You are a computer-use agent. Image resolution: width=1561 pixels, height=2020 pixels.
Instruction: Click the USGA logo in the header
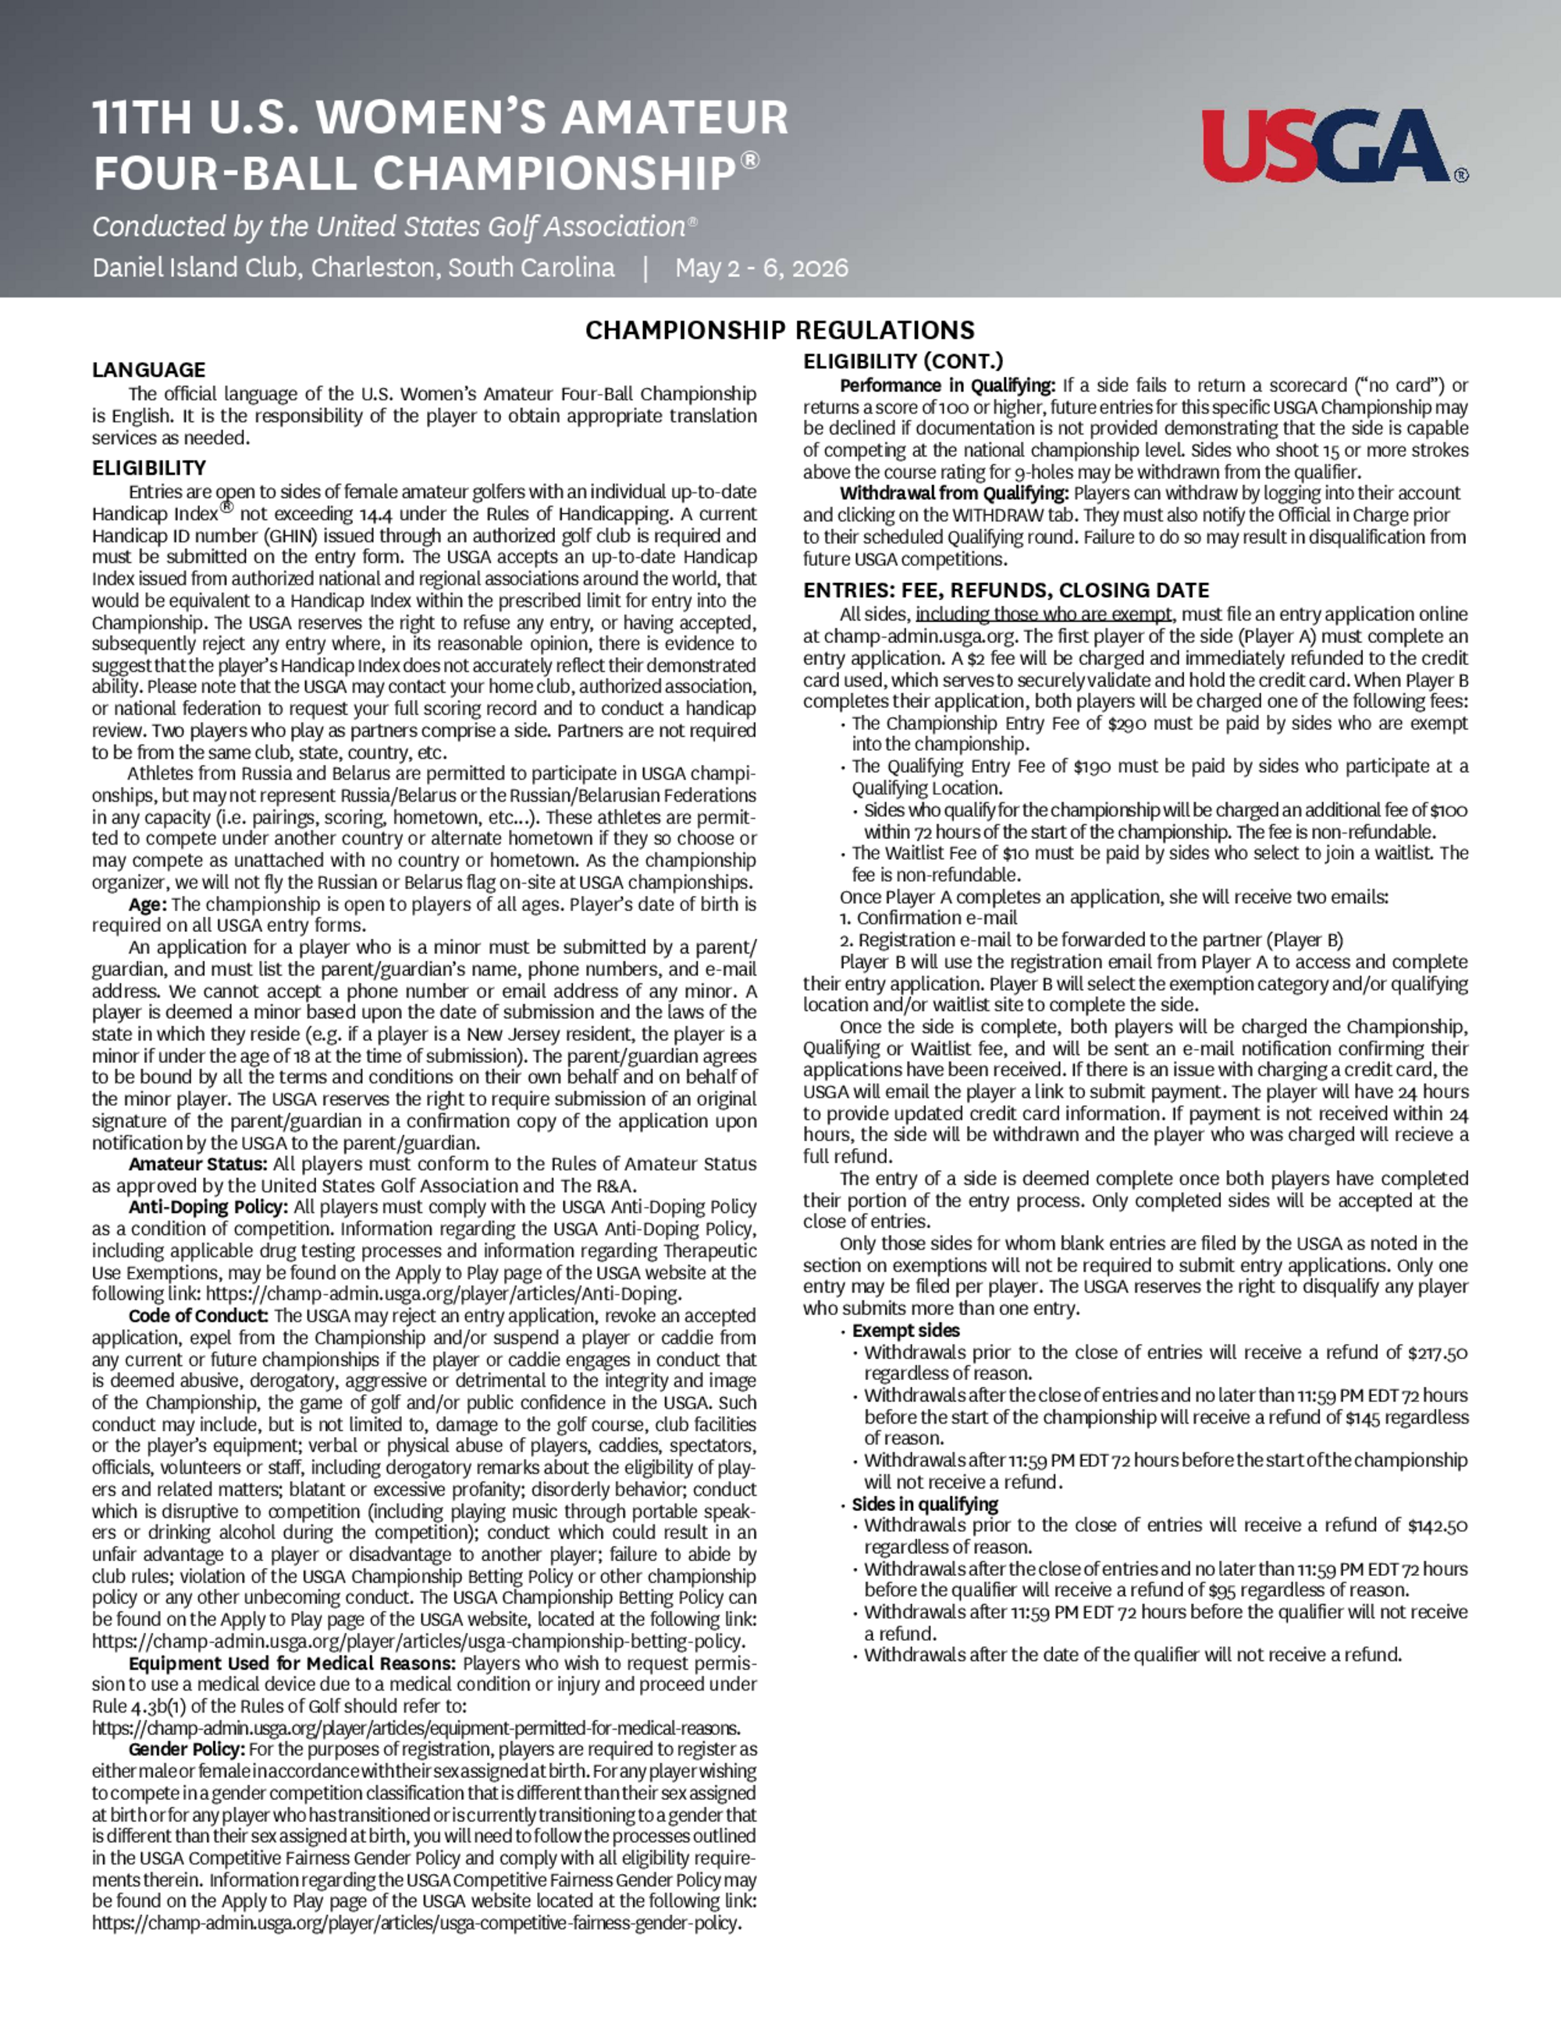click(1332, 145)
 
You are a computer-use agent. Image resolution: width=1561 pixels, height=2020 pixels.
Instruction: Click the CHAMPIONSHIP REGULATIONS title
click(780, 330)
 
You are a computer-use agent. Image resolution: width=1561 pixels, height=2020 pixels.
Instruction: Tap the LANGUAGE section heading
click(148, 370)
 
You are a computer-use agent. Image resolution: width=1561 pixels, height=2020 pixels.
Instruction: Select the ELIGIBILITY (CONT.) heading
click(902, 361)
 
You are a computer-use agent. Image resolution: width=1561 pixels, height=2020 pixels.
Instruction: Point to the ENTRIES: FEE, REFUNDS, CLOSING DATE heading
click(1006, 590)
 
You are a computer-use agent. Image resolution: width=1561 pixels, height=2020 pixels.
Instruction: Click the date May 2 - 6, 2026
click(761, 269)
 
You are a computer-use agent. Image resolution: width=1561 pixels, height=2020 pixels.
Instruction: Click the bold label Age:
click(148, 904)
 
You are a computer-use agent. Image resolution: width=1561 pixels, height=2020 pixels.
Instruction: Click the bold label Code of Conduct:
click(199, 1315)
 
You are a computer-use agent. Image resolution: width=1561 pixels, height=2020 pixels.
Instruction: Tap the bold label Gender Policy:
click(187, 1749)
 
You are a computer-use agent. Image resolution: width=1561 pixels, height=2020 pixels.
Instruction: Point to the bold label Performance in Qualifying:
click(947, 386)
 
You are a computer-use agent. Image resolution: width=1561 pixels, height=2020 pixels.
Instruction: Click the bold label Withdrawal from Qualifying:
click(955, 493)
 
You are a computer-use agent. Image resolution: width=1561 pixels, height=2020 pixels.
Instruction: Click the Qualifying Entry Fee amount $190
click(1092, 766)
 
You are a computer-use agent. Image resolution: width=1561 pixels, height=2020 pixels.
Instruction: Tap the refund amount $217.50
click(1437, 1353)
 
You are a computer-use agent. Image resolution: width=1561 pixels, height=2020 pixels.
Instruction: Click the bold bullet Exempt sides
click(905, 1330)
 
